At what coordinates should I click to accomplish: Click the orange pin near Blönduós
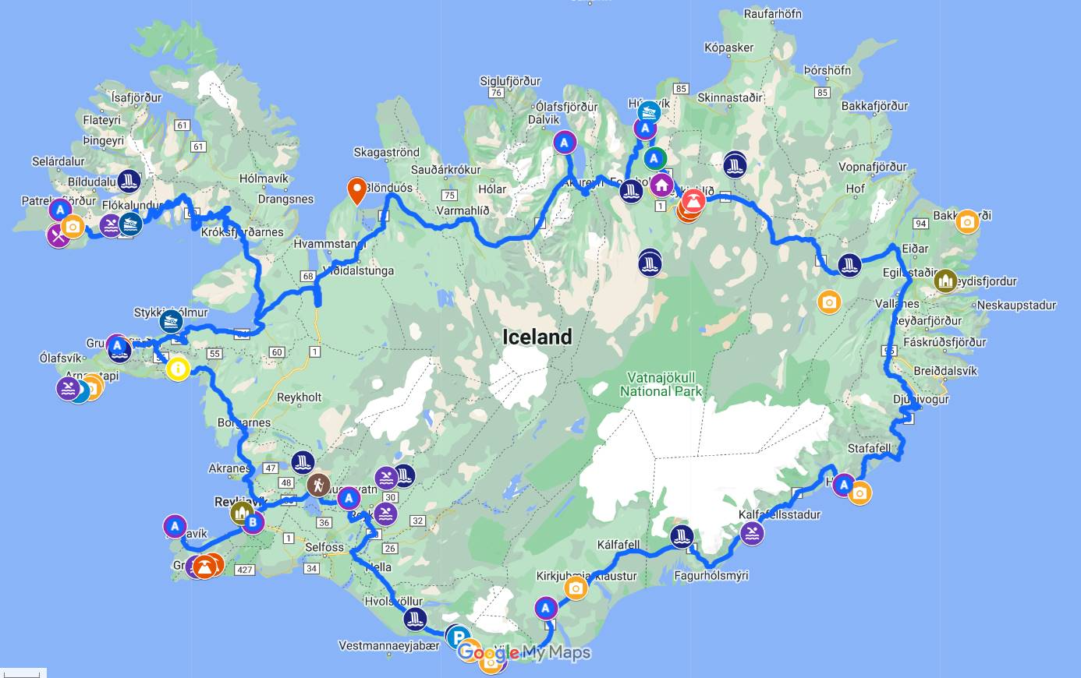click(x=356, y=189)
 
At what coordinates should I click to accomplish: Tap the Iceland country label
click(x=537, y=337)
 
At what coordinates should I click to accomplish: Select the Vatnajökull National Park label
click(x=661, y=384)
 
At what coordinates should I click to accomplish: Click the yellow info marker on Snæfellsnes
click(x=178, y=368)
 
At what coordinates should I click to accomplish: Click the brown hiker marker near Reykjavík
click(x=317, y=485)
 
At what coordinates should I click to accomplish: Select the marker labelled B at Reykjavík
click(x=253, y=522)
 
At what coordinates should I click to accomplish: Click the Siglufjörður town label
click(x=510, y=81)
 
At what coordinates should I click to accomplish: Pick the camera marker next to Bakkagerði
click(x=967, y=221)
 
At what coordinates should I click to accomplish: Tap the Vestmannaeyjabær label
click(x=389, y=645)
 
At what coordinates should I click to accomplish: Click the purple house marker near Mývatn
click(x=661, y=185)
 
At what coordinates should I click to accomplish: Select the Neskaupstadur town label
click(x=1016, y=305)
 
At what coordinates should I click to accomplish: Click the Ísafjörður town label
click(x=136, y=97)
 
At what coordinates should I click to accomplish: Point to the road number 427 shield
click(x=245, y=570)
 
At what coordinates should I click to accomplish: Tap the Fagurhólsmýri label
click(x=711, y=575)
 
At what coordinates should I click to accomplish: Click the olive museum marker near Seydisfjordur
click(x=945, y=281)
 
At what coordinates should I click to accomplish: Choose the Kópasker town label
click(x=728, y=48)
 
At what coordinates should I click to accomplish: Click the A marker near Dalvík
click(x=564, y=143)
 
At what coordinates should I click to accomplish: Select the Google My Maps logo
click(x=524, y=652)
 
